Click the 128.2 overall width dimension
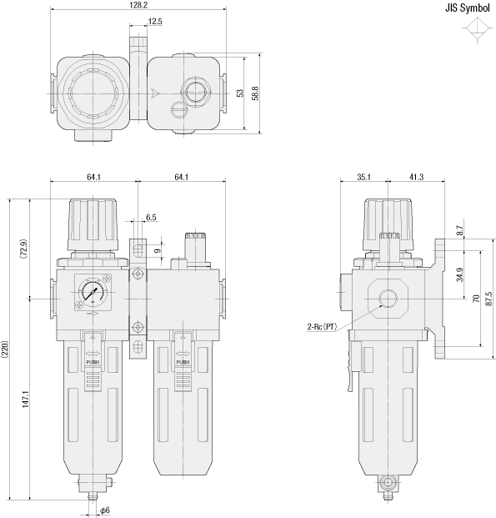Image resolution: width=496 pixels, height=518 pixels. click(x=138, y=5)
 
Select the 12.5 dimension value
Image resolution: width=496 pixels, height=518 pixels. click(x=154, y=21)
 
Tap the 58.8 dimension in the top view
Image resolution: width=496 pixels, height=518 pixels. click(x=255, y=93)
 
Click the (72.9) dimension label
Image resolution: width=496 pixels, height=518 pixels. click(x=24, y=249)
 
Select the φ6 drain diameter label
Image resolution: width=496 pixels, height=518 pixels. click(x=105, y=510)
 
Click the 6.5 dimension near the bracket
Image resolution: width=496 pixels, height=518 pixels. click(x=151, y=217)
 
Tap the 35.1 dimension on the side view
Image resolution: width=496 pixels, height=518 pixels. click(x=363, y=177)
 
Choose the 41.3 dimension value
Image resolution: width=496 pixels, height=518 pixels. click(x=416, y=177)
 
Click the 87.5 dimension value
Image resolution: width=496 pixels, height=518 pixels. click(x=488, y=298)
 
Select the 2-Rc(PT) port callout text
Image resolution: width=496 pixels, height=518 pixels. click(x=321, y=326)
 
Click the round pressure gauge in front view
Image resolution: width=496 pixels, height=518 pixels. click(x=92, y=294)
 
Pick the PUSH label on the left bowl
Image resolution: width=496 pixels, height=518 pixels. click(x=93, y=363)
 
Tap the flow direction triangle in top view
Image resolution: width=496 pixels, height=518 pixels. click(x=155, y=93)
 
